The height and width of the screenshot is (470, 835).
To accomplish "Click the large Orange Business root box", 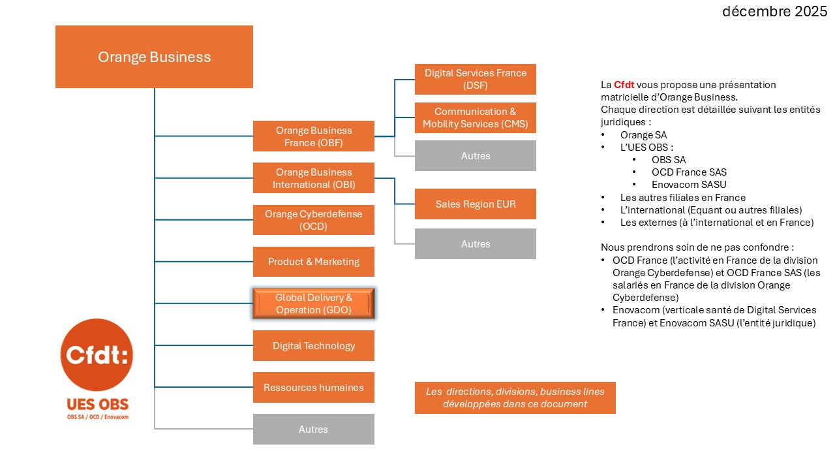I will point(154,57).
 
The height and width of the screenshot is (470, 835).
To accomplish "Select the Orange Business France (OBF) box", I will point(313,136).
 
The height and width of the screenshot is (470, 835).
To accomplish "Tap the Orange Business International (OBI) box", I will point(313,178).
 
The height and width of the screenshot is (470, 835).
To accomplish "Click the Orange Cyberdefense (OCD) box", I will point(313,220).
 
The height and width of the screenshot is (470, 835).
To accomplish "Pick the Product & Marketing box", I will point(313,262).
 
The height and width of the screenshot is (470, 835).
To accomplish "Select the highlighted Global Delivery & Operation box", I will point(313,304).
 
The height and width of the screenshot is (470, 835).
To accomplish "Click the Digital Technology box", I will point(313,345).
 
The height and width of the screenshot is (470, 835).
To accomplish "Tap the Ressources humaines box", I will point(313,387).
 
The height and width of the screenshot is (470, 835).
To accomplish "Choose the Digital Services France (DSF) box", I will point(475,79).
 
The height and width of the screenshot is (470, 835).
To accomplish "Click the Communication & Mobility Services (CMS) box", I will point(475,117).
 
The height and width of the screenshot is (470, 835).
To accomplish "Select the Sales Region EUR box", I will point(475,204).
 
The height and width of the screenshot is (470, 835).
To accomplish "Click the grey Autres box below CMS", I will point(475,156).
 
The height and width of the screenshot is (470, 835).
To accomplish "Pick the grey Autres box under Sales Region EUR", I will point(475,243).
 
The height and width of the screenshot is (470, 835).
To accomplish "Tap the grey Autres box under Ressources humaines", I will point(313,429).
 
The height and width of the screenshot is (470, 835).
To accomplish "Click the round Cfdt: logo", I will point(97,355).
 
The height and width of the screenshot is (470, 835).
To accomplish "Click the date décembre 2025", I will point(774,11).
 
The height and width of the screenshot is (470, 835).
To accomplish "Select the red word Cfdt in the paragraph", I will point(624,85).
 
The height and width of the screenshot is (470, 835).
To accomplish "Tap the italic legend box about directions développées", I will point(515,398).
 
